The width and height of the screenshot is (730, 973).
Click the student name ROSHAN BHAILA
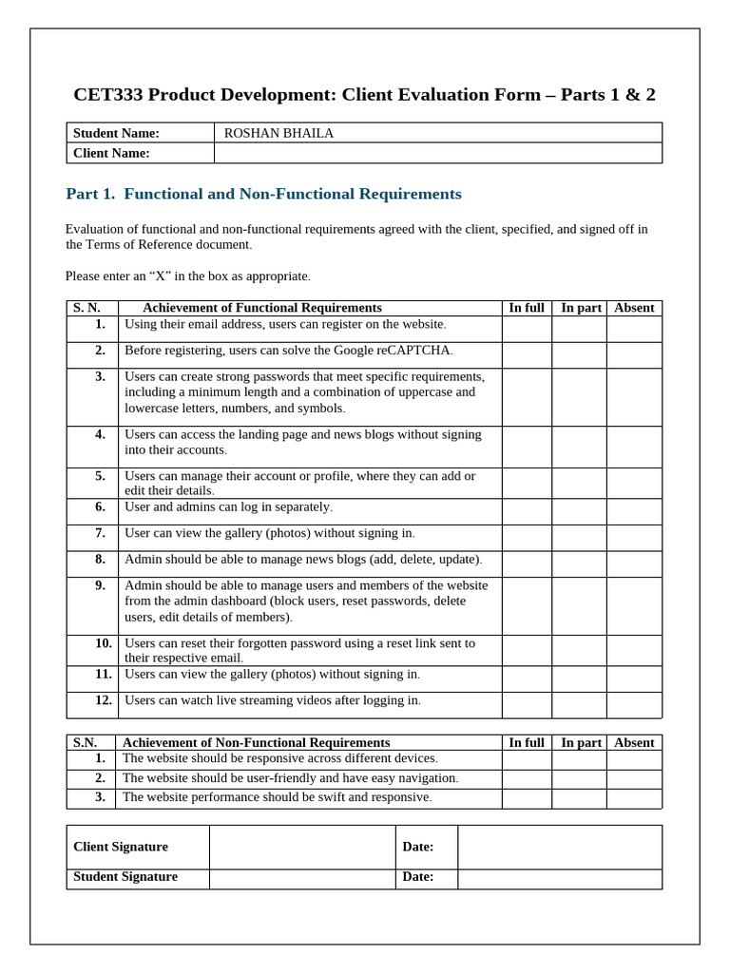pyautogui.click(x=279, y=133)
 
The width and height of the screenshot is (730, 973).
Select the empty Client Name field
pyautogui.click(x=438, y=153)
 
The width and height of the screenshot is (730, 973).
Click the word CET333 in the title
pyautogui.click(x=108, y=95)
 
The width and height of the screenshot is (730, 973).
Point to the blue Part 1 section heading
pyautogui.click(x=263, y=194)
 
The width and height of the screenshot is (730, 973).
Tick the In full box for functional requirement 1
pyautogui.click(x=527, y=329)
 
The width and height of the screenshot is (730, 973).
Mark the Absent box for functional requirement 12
pyautogui.click(x=634, y=704)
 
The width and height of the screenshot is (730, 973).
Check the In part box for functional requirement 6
pyautogui.click(x=579, y=511)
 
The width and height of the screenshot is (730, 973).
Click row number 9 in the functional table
pyautogui.click(x=100, y=585)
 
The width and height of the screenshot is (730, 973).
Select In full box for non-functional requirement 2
pyautogui.click(x=527, y=778)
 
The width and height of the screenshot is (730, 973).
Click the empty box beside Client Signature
pyautogui.click(x=302, y=847)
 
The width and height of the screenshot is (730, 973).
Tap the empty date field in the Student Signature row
pyautogui.click(x=559, y=878)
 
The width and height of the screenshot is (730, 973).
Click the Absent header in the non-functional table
pyautogui.click(x=634, y=742)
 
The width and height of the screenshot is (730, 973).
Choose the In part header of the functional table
pyautogui.click(x=581, y=308)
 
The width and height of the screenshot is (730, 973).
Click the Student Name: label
pyautogui.click(x=117, y=133)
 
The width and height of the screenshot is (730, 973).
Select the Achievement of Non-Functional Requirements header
pyautogui.click(x=257, y=742)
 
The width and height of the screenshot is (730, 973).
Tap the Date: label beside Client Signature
pyautogui.click(x=418, y=847)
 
